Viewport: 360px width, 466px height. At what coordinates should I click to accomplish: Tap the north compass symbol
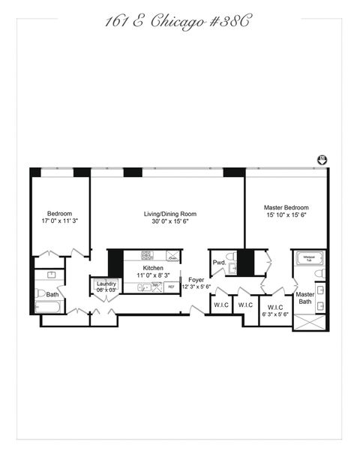(x=322, y=159)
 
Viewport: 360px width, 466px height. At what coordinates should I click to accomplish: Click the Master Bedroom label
(x=286, y=208)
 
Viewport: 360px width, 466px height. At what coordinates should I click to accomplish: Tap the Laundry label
(x=105, y=284)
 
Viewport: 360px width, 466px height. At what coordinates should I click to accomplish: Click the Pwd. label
(x=219, y=263)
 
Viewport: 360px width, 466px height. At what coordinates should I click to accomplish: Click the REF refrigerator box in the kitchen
(x=171, y=287)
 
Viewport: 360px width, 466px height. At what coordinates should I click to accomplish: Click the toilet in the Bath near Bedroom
(x=40, y=293)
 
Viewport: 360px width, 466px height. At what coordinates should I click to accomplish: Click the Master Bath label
(x=304, y=299)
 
